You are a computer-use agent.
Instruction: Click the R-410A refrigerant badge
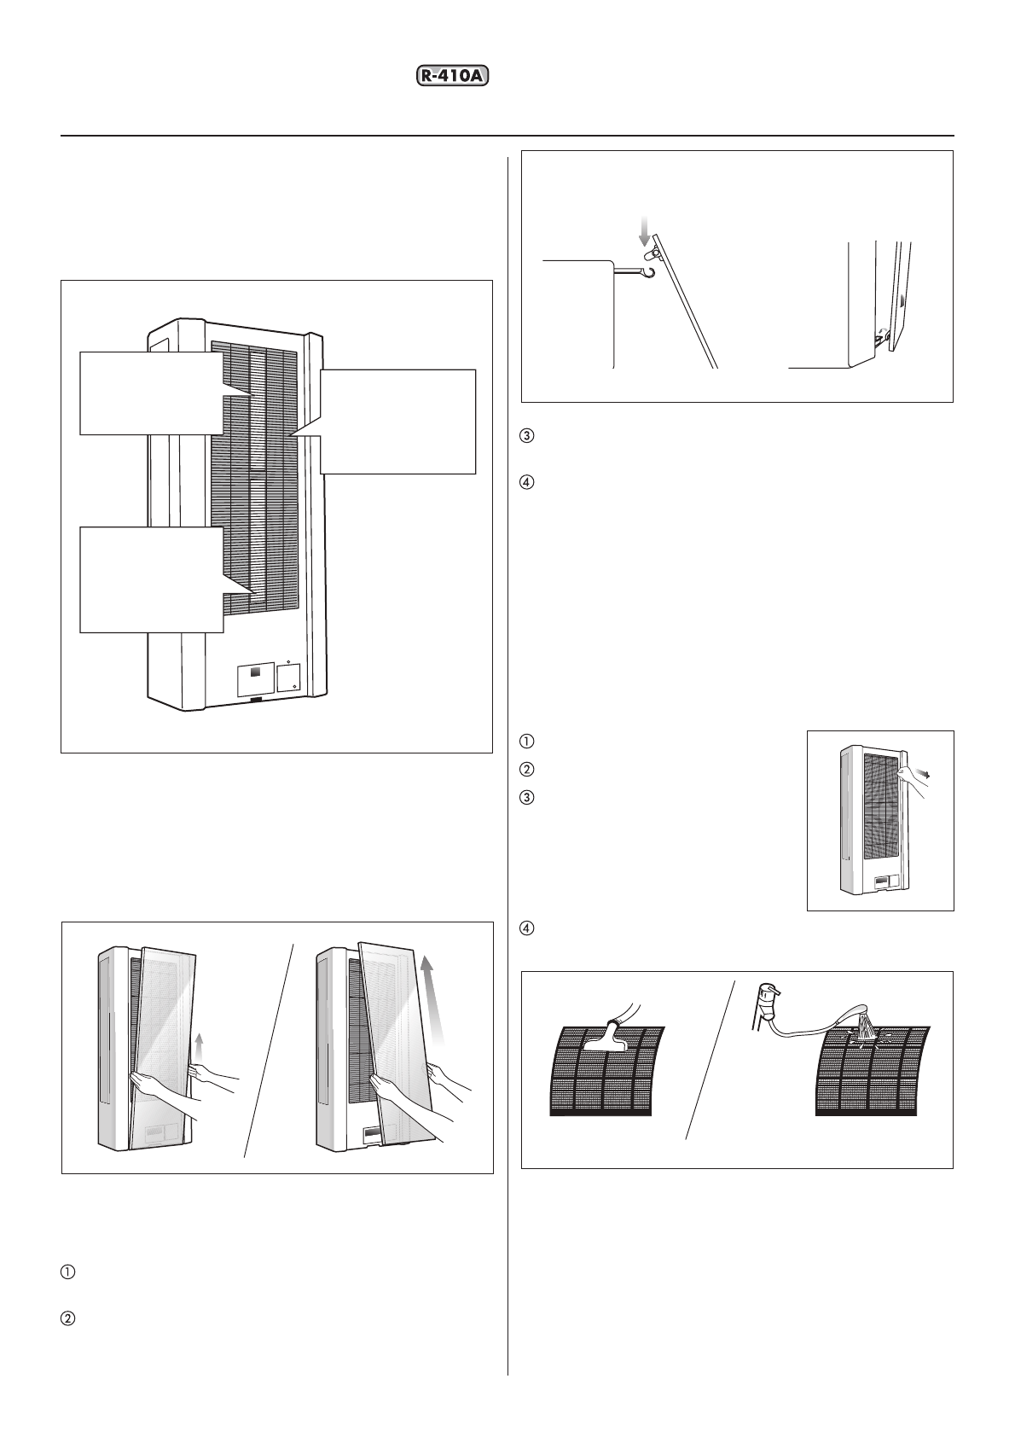coord(456,77)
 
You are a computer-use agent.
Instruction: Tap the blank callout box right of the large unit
coord(397,421)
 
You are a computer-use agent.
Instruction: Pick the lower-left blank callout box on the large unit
coord(152,579)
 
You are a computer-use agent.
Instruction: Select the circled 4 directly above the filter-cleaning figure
coord(527,928)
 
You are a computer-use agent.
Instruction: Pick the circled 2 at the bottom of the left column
coord(67,1318)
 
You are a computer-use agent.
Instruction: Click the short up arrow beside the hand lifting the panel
coord(199,1044)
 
